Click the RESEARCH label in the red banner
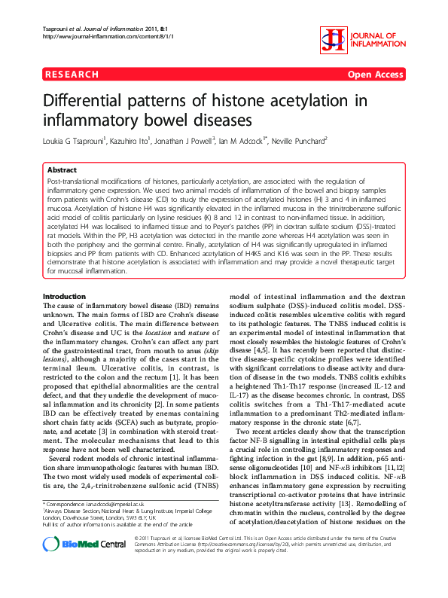coord(72,75)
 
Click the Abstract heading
coord(62,170)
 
